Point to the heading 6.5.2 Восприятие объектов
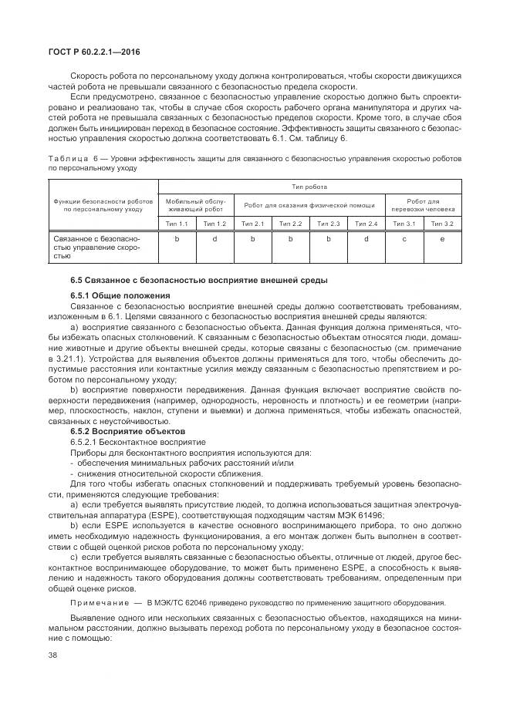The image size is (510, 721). pos(127,431)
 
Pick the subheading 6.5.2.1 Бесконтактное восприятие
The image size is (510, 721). pos(127,442)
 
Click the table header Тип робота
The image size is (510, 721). pos(309,187)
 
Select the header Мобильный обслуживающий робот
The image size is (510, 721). pos(196,204)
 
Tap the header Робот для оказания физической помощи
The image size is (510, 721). pos(309,204)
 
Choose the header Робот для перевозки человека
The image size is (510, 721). pos(423,204)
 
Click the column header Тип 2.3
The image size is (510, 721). pos(329,224)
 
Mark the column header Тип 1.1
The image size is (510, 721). pos(177,224)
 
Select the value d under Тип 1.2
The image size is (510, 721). pos(214,240)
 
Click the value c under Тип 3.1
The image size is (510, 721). pos(404,240)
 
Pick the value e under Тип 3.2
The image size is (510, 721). pos(441,240)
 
